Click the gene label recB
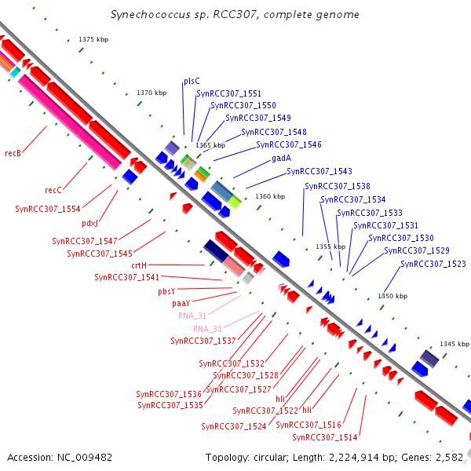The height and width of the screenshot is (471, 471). (13, 153)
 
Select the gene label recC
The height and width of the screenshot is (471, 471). (53, 190)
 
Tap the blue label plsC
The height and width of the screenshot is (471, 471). (192, 81)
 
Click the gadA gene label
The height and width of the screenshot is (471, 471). (282, 158)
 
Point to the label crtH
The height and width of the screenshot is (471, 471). (139, 265)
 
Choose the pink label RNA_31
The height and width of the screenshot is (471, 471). (192, 316)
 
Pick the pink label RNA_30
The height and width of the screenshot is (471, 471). (207, 329)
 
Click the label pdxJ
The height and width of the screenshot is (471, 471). (89, 224)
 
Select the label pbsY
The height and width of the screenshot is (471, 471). (166, 291)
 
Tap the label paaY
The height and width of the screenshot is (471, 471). (181, 303)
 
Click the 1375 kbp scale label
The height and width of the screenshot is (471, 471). (93, 39)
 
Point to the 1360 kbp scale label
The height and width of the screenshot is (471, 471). (270, 196)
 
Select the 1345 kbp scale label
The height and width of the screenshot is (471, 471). (455, 344)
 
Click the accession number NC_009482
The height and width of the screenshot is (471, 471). (85, 458)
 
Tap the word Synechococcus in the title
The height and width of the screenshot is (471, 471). (151, 14)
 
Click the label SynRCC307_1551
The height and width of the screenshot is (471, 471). (229, 93)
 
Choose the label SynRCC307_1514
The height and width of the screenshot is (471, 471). (325, 437)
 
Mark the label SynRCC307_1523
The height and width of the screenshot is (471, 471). (433, 264)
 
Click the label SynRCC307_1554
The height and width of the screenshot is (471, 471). (48, 209)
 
